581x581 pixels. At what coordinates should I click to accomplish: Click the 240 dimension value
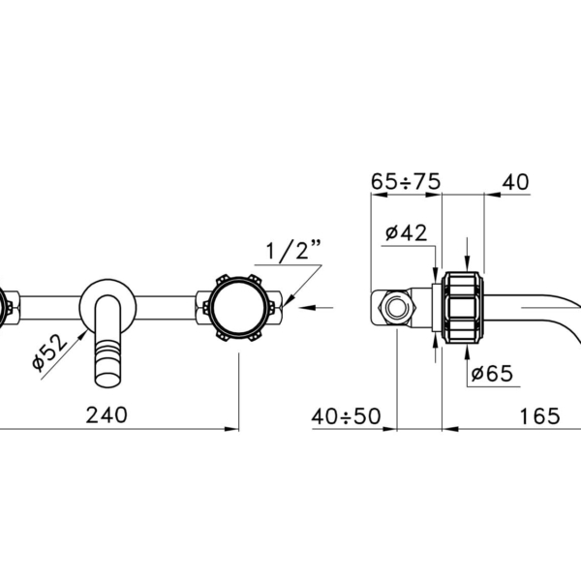(x=107, y=415)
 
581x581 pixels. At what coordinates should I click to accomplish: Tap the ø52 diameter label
(x=50, y=352)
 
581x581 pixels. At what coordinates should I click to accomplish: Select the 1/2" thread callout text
(x=293, y=250)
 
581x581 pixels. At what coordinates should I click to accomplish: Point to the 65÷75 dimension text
(x=406, y=182)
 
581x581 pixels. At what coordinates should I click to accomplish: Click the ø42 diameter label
(x=406, y=232)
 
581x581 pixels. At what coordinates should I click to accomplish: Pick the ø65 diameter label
(x=492, y=374)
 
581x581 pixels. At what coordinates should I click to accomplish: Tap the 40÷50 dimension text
(x=346, y=416)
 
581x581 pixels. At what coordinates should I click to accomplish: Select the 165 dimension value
(x=539, y=416)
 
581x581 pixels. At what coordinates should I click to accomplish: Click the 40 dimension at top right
(x=515, y=182)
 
